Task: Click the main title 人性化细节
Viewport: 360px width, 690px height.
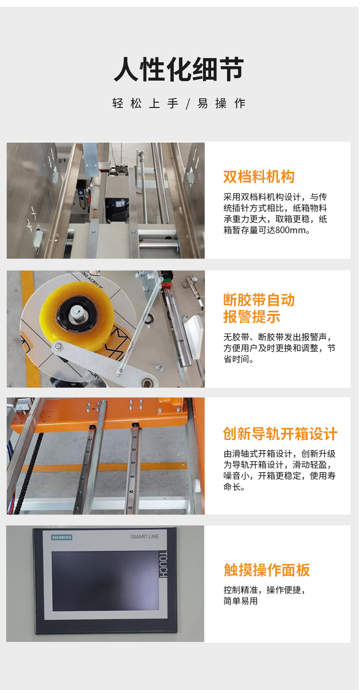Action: coord(179,69)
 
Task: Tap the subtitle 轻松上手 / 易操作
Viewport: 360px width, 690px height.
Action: coord(179,104)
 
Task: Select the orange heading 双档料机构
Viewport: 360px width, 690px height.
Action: coord(259,177)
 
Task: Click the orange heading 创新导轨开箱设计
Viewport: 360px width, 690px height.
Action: coord(280,434)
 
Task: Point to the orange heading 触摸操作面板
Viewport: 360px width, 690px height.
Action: coord(267,570)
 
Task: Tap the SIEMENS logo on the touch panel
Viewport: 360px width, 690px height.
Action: coord(61,537)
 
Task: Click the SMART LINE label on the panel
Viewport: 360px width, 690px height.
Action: coord(144,536)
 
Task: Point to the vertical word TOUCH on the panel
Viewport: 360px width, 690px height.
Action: coord(163,564)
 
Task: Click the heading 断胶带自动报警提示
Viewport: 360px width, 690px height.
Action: coord(259,308)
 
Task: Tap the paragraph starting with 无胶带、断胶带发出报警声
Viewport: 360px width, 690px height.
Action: coord(279,348)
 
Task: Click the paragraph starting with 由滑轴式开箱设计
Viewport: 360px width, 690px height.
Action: coord(279,470)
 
